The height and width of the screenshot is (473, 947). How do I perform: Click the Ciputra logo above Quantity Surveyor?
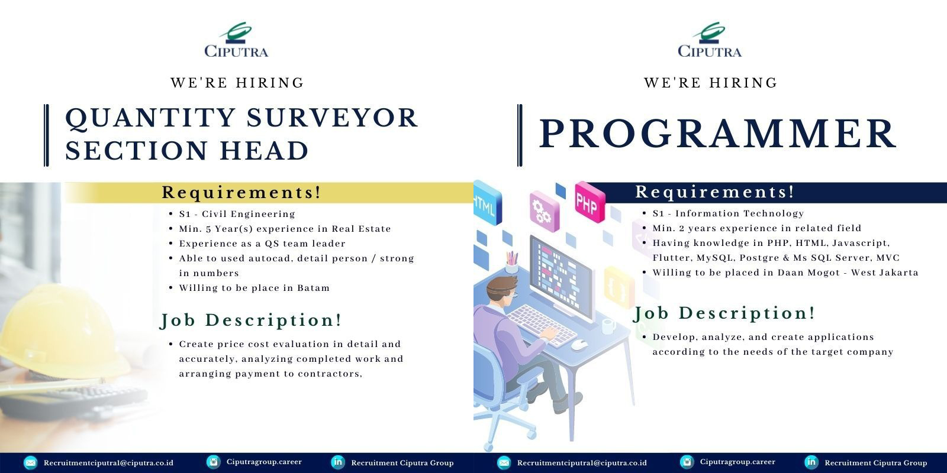click(236, 40)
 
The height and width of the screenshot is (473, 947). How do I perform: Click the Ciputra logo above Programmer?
click(710, 40)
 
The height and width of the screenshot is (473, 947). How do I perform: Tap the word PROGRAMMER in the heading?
click(717, 134)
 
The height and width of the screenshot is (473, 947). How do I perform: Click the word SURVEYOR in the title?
click(332, 118)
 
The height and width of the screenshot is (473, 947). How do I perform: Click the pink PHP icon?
click(590, 202)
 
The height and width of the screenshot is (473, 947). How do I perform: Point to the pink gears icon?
click(545, 211)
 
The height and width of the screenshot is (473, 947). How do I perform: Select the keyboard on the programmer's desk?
click(542, 326)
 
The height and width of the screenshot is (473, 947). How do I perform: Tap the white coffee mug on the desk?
click(608, 326)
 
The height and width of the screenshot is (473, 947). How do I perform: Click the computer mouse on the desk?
click(579, 345)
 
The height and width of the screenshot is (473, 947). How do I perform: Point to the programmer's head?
click(502, 293)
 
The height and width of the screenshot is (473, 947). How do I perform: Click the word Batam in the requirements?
click(313, 288)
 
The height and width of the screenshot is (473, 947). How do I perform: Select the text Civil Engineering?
click(249, 214)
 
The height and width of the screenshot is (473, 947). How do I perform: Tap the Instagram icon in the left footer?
click(214, 462)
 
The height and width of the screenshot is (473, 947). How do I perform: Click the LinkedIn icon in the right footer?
click(811, 462)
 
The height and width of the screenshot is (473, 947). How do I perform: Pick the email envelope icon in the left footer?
click(30, 462)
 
